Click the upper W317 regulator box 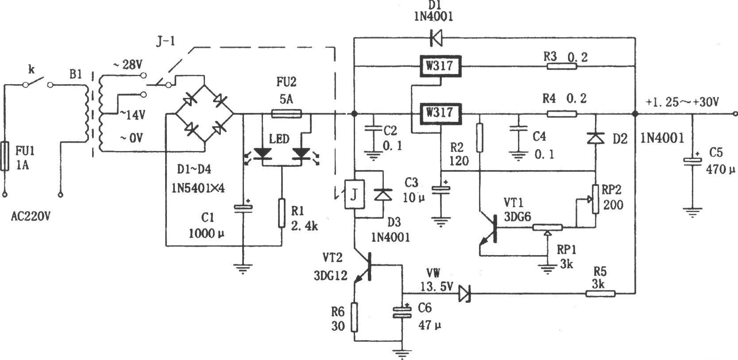(x=440, y=66)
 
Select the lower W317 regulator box (x=440, y=113)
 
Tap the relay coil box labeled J (x=354, y=194)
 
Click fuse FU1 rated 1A (x=5, y=156)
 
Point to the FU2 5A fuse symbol (x=286, y=114)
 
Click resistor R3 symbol (x=562, y=66)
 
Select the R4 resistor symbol (x=562, y=114)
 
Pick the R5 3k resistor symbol (x=600, y=293)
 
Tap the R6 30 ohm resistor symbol (x=354, y=317)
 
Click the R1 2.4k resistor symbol (x=282, y=213)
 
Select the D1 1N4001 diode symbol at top (x=436, y=38)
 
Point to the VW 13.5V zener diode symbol (x=464, y=293)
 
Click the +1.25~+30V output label (x=682, y=102)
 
